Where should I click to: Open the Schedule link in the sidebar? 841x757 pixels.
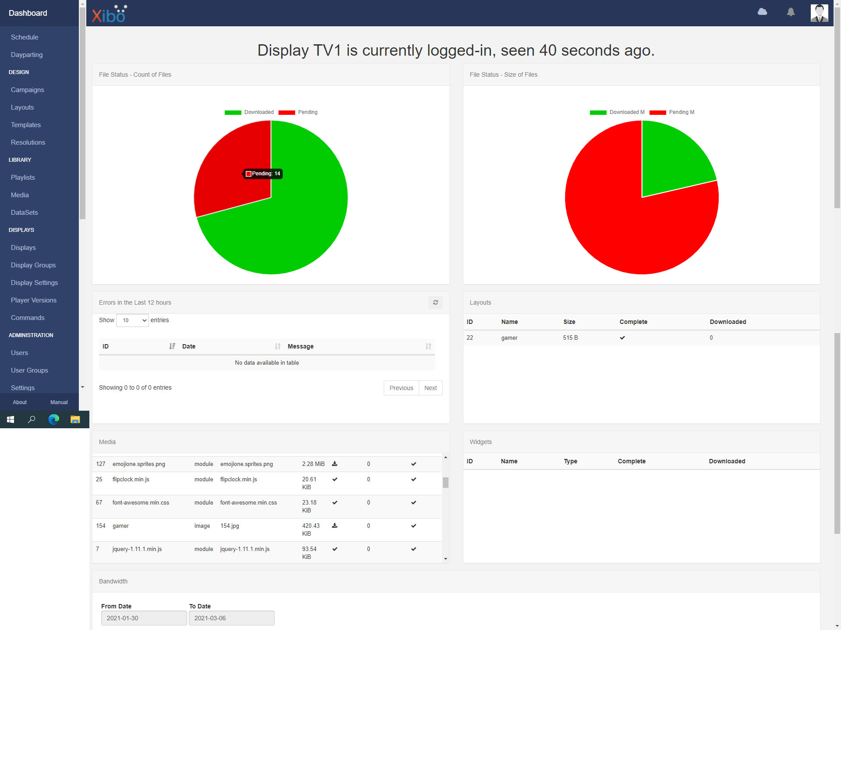[x=25, y=37]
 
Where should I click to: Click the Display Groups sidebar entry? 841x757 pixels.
[x=33, y=265]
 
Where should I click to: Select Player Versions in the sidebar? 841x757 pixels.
[x=34, y=300]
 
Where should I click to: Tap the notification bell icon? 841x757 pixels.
[x=791, y=12]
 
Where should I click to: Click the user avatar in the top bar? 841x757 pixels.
[x=819, y=13]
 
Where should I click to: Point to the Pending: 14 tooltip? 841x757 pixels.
[x=263, y=174]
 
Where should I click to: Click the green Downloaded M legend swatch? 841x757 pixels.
[x=598, y=113]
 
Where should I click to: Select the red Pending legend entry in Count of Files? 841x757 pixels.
[x=298, y=113]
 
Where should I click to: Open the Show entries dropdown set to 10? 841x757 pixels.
[x=132, y=320]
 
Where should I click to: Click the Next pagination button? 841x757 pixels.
[x=431, y=388]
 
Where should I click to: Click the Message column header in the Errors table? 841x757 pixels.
[x=300, y=346]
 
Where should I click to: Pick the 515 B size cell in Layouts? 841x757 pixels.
[x=570, y=338]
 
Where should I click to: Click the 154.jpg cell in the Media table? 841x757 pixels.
[x=230, y=526]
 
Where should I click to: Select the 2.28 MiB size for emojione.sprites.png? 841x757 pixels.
[x=313, y=464]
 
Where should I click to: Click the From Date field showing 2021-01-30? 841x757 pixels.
[x=144, y=618]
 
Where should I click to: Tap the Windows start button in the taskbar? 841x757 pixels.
[x=11, y=419]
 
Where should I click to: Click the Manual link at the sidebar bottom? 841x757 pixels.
[x=59, y=402]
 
